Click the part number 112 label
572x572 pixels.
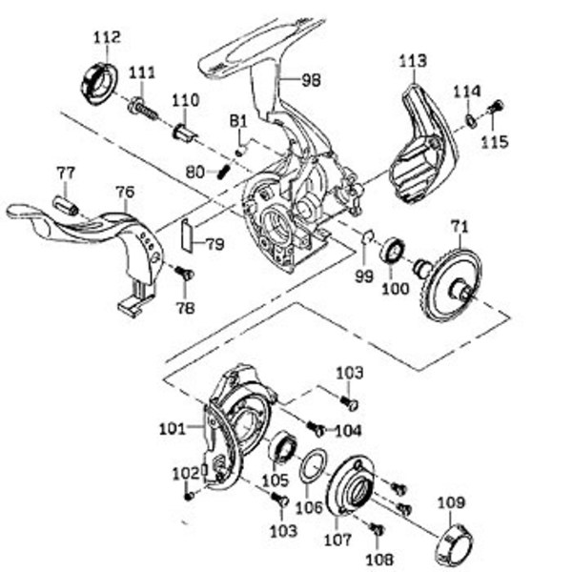click(x=107, y=37)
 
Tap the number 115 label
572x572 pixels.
click(x=495, y=142)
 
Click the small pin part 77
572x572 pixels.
click(x=65, y=204)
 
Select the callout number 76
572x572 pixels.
click(x=125, y=192)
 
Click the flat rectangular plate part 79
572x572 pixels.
click(x=187, y=234)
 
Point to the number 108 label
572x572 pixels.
click(x=382, y=560)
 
